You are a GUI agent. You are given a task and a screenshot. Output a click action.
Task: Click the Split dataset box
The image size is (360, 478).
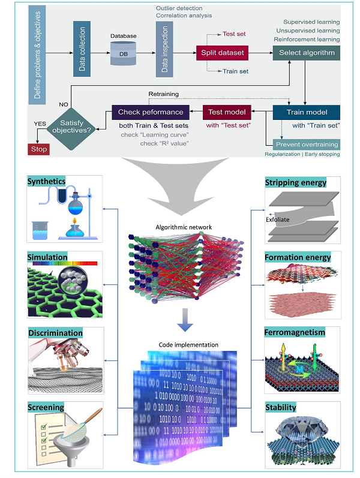[x=221, y=53]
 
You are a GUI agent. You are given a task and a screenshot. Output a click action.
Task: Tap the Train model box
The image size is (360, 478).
[x=307, y=112]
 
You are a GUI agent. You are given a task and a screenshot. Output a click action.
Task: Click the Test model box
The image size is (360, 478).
[x=226, y=112]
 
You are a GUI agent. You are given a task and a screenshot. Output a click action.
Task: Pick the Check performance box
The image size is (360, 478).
[x=151, y=112]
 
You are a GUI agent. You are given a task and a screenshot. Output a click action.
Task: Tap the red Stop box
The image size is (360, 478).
[x=38, y=149]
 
